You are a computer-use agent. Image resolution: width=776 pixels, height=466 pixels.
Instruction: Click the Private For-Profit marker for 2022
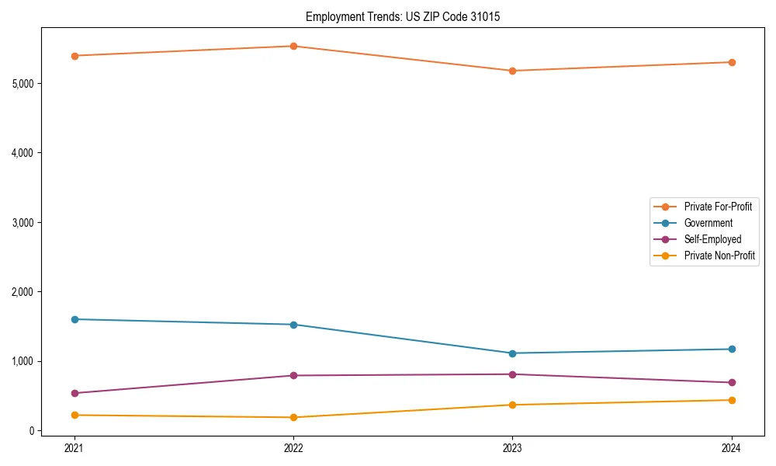293,46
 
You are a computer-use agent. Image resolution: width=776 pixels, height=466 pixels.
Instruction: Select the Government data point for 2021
74,319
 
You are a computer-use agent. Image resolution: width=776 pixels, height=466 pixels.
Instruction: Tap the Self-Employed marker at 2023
512,374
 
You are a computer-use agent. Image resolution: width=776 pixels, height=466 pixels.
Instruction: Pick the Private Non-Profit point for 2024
731,400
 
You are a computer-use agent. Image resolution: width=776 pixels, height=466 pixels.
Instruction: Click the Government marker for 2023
512,353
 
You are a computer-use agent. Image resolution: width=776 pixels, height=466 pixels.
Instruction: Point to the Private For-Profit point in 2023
512,71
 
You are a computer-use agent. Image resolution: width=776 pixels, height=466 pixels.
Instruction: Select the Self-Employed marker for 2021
74,393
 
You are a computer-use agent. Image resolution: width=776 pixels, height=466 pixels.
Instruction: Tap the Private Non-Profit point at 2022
293,417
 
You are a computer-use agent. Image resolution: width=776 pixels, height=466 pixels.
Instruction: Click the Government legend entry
708,223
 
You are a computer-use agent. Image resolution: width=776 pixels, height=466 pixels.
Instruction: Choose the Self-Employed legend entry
712,239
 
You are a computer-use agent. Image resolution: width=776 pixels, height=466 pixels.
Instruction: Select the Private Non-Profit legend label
719,256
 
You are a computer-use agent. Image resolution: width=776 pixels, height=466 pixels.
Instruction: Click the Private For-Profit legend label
718,207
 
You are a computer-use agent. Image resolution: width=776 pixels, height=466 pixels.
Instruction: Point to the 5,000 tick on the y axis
23,83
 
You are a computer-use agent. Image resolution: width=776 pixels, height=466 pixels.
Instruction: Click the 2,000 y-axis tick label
23,292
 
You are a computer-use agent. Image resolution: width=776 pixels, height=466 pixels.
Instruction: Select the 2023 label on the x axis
512,448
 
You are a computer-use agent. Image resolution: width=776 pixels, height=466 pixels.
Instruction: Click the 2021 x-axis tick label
74,448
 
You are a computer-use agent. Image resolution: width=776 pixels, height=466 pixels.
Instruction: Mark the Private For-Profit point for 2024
731,62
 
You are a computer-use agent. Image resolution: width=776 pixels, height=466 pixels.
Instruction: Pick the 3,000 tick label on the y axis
23,222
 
